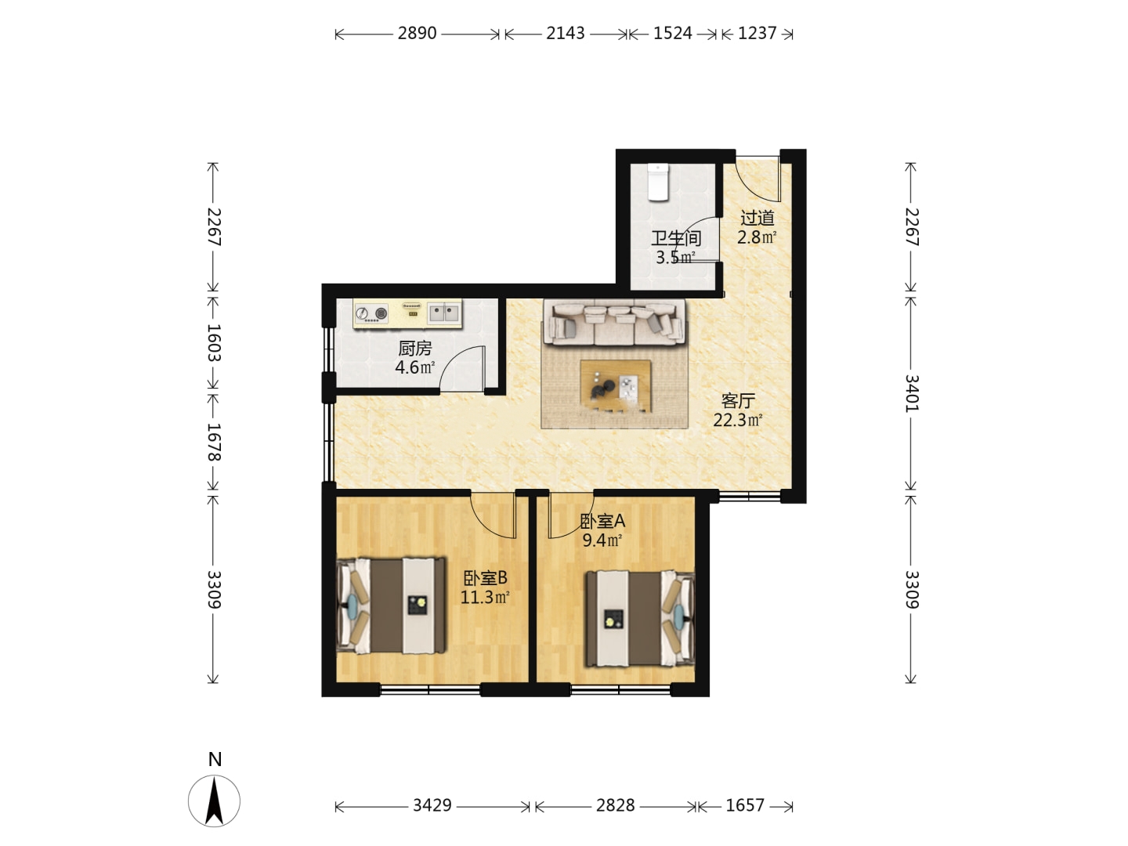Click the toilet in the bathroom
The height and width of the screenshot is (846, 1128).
click(657, 182)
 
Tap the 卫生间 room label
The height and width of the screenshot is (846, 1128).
click(676, 238)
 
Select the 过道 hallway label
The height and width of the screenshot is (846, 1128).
click(757, 219)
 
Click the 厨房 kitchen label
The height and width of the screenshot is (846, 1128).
click(414, 349)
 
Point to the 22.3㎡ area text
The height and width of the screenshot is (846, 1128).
click(737, 420)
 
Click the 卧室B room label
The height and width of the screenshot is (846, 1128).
click(485, 578)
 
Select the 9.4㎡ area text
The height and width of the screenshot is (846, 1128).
click(602, 540)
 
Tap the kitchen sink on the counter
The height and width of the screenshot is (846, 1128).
click(444, 313)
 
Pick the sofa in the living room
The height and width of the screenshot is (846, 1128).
click(615, 323)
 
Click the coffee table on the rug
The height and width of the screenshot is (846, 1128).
click(615, 386)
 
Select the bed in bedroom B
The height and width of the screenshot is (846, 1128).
click(391, 606)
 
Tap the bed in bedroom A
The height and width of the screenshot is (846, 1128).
click(640, 619)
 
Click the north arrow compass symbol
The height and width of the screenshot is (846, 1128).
click(215, 801)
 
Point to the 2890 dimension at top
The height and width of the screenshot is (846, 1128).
click(417, 34)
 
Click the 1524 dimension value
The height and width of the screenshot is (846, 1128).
click(673, 34)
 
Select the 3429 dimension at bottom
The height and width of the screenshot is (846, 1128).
click(432, 805)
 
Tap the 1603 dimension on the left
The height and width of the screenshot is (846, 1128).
click(214, 342)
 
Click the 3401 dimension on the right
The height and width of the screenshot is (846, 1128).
click(911, 393)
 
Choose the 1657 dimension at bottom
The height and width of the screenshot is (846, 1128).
click(745, 805)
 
